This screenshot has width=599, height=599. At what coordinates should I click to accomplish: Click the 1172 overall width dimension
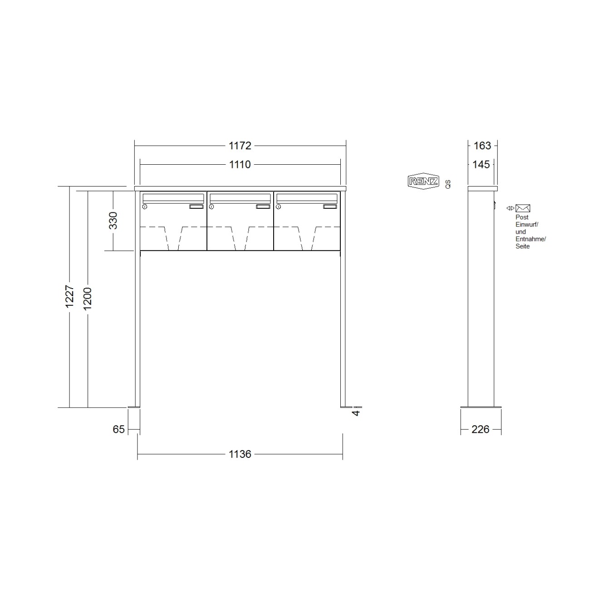[x=240, y=146]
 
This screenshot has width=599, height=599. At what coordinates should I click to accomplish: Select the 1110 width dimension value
[x=240, y=164]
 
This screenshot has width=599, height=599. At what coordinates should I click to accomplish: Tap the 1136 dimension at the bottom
[x=240, y=454]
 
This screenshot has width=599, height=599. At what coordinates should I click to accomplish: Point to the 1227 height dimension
[x=69, y=296]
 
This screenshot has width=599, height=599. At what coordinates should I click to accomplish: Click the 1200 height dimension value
[x=88, y=299]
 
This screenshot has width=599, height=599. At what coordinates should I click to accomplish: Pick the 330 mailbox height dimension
[x=113, y=221]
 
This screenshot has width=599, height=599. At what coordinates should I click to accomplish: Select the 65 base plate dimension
[x=118, y=429]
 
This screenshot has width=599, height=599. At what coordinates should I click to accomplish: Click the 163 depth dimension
[x=482, y=146]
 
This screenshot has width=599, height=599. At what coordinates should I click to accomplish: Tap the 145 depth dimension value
[x=481, y=164]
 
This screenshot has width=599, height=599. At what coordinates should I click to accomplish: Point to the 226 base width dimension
[x=480, y=429]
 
